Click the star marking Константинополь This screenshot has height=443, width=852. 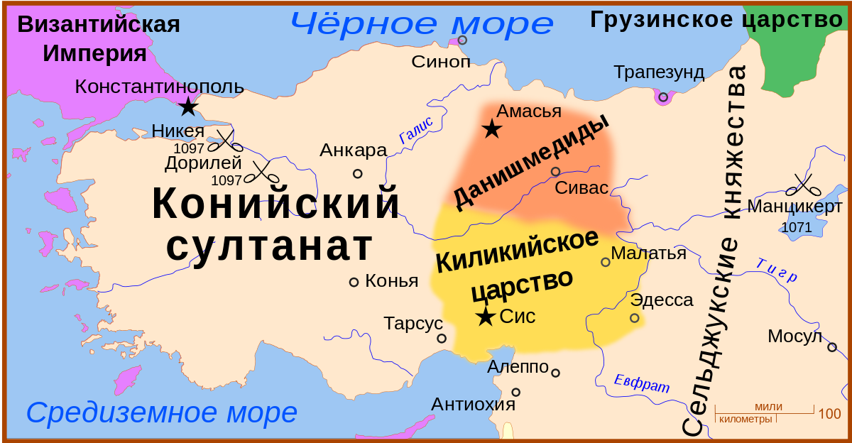188,107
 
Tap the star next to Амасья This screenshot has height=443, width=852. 491,129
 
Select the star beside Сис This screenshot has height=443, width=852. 486,317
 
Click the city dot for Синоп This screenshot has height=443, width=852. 462,40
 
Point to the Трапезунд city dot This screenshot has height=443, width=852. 663,97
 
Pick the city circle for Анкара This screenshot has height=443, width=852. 358,173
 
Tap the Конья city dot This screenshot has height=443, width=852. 354,282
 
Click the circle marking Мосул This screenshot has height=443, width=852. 832,347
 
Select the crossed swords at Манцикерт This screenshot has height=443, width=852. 804,186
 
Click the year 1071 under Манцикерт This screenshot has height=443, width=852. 796,227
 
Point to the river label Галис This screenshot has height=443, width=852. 415,131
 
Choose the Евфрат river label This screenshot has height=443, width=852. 642,383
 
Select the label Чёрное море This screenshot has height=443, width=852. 421,24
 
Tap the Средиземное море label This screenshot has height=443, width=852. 162,412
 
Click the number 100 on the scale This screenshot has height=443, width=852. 830,413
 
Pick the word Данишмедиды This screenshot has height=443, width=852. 530,162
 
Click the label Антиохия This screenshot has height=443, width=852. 473,404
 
